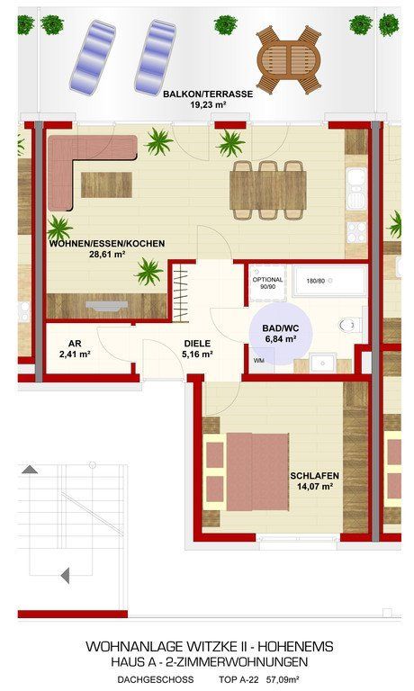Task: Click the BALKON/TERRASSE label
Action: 208,94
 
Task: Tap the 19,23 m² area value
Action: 208,105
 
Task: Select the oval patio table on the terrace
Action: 289,59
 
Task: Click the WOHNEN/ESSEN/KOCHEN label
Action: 107,243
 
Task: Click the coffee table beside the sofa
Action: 106,184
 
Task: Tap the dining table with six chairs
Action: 268,190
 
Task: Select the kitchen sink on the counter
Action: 356,189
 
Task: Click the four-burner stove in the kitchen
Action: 356,232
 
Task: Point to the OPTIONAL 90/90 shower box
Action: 267,283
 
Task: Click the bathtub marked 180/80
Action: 330,281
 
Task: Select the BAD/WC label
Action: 281,328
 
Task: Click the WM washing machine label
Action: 259,361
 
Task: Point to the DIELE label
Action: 197,344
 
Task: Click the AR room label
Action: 75,344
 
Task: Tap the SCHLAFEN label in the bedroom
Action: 314,476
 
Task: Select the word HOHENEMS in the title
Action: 295,647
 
